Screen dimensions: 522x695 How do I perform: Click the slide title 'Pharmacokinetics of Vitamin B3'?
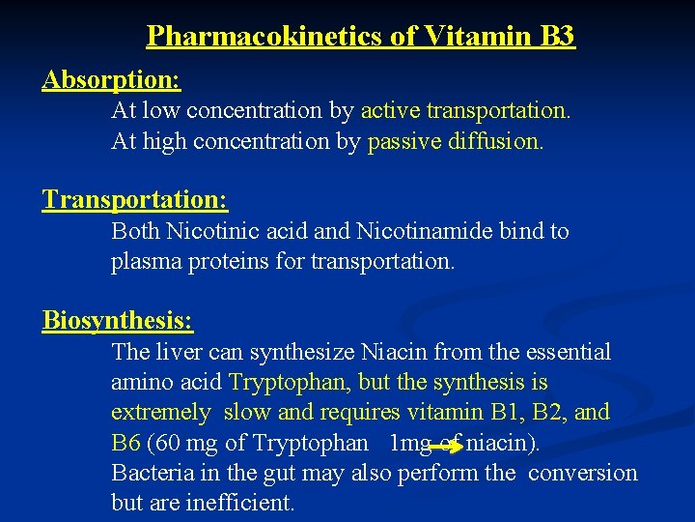coord(360,37)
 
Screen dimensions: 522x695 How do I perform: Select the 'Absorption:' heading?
coord(111,79)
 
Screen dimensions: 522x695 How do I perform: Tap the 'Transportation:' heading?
coord(134,200)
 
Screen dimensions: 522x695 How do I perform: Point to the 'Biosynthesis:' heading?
coord(117,320)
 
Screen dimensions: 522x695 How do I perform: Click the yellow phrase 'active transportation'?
coord(464,111)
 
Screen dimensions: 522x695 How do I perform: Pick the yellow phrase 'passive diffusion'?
coord(455,142)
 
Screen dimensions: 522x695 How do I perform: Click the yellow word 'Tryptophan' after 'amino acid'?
coord(280,383)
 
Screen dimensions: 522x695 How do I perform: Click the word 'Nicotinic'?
coord(201,232)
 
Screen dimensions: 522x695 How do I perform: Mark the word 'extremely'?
coord(159,413)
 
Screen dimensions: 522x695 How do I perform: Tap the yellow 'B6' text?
coord(125,444)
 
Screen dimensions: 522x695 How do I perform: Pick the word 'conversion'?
coord(583,474)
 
